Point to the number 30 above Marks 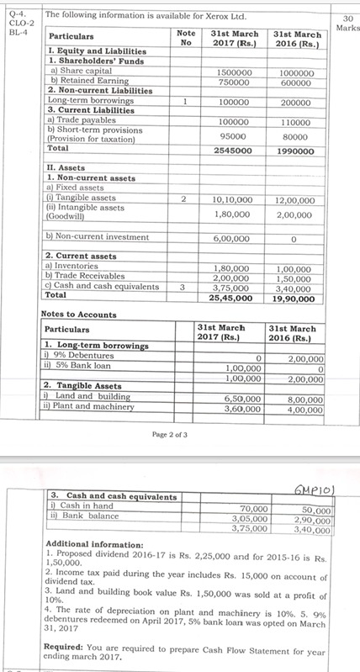[x=347, y=17]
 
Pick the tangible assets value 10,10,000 [x=230, y=200]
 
